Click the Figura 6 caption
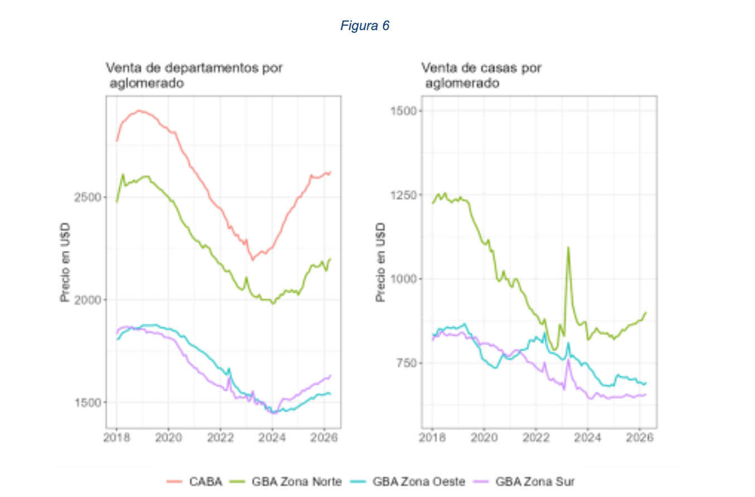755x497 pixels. pyautogui.click(x=365, y=26)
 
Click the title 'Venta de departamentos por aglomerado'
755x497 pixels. pyautogui.click(x=195, y=75)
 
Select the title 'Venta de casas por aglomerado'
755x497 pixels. pyautogui.click(x=482, y=75)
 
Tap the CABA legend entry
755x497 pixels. pyautogui.click(x=195, y=481)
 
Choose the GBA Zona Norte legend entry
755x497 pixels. pyautogui.click(x=285, y=481)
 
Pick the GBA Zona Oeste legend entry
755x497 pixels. pyautogui.click(x=408, y=481)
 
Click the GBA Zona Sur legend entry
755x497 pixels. pyautogui.click(x=524, y=481)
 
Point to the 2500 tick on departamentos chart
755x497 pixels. pyautogui.click(x=88, y=197)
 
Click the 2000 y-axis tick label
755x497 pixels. pyautogui.click(x=88, y=300)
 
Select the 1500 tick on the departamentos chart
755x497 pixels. pyautogui.click(x=88, y=402)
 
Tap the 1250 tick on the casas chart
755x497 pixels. pyautogui.click(x=404, y=195)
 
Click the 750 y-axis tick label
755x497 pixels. pyautogui.click(x=407, y=363)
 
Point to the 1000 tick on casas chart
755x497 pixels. pyautogui.click(x=404, y=279)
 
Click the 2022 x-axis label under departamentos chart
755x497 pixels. pyautogui.click(x=220, y=437)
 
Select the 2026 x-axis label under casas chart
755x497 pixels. pyautogui.click(x=640, y=437)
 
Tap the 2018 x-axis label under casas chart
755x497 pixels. pyautogui.click(x=433, y=437)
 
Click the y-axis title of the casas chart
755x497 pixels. pyautogui.click(x=380, y=262)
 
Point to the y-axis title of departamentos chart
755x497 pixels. pyautogui.click(x=65, y=262)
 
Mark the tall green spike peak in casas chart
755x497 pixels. pyautogui.click(x=568, y=247)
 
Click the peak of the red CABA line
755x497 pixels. pyautogui.click(x=139, y=110)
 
